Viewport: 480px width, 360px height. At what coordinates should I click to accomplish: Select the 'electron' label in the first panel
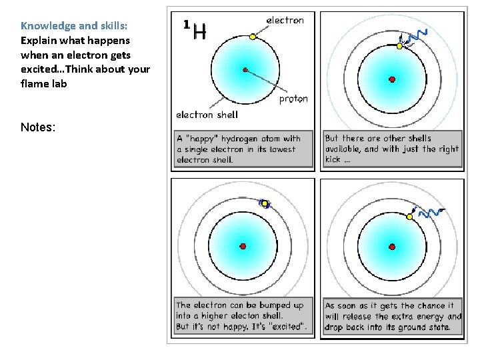coord(285,20)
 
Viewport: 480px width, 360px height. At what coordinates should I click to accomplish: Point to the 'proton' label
coord(293,99)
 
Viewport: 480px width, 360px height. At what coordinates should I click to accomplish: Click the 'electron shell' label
coord(207,115)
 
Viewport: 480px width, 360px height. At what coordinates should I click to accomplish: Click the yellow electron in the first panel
coord(253,37)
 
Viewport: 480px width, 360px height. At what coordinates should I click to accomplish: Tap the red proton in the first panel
coord(245,69)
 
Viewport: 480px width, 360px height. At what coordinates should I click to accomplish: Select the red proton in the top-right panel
coord(392,79)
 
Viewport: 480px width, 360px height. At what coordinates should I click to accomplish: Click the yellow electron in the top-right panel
coord(399,46)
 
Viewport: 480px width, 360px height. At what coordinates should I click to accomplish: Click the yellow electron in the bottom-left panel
coord(264,204)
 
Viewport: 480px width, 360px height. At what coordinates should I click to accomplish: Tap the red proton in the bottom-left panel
coord(243,246)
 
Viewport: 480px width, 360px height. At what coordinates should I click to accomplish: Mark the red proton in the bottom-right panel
coord(392,246)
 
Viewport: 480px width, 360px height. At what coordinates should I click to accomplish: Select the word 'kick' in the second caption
coord(333,159)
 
